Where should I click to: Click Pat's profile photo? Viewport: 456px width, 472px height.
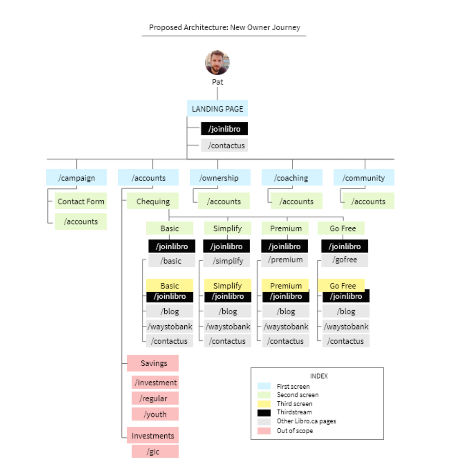[x=217, y=63]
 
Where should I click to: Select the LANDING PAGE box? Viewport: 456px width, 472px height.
[x=217, y=109]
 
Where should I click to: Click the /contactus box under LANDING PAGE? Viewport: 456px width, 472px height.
[x=224, y=145]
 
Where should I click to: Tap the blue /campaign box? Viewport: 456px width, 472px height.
[x=76, y=178]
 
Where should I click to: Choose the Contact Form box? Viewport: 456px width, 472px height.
[x=81, y=201]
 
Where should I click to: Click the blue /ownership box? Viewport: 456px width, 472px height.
[x=220, y=178]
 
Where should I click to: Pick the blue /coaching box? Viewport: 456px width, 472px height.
[x=292, y=178]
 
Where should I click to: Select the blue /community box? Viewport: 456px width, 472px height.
[x=364, y=178]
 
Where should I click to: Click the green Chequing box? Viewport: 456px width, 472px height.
[x=153, y=201]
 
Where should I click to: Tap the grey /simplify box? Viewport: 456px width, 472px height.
[x=227, y=261]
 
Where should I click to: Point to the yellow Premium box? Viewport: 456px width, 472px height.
[x=285, y=285]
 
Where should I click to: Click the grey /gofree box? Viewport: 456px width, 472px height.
[x=344, y=260]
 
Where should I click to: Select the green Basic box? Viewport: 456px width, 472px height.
[x=170, y=228]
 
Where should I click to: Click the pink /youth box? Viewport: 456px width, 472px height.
[x=155, y=414]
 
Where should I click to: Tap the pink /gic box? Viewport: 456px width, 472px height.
[x=155, y=451]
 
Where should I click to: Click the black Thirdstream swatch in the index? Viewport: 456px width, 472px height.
[x=264, y=412]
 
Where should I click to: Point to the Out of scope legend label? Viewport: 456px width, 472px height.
[x=294, y=430]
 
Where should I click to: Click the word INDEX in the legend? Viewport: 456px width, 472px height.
[x=319, y=376]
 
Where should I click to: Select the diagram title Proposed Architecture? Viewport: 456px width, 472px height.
[x=224, y=27]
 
